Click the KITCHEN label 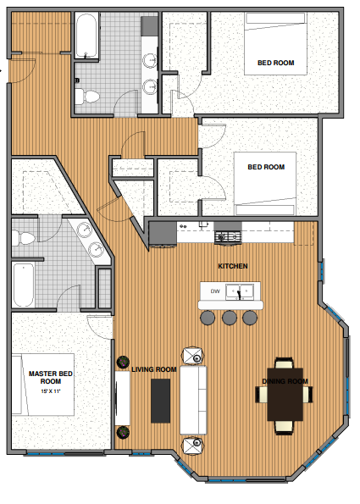click(x=233, y=266)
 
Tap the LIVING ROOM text click(x=153, y=369)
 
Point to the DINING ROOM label click(x=284, y=381)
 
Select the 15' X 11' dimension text click(x=51, y=390)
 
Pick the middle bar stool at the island click(x=229, y=318)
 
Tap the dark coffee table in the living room click(x=161, y=400)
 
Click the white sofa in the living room click(x=193, y=399)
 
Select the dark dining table click(x=285, y=394)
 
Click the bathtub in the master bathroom click(x=24, y=285)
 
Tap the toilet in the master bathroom click(x=26, y=237)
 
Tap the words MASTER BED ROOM click(x=51, y=377)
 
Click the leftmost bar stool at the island click(x=208, y=318)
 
